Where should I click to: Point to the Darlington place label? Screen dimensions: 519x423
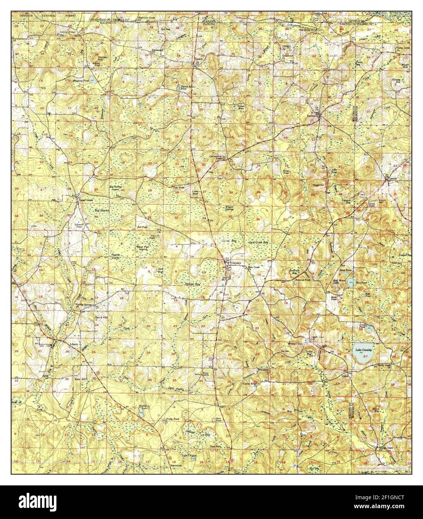click(x=313, y=116)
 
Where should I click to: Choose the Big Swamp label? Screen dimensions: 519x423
click(x=101, y=210)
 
